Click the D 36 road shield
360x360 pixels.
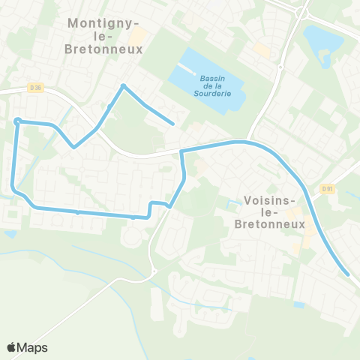pyautogui.click(x=34, y=87)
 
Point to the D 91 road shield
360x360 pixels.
pyautogui.click(x=327, y=189)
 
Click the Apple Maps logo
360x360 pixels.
pyautogui.click(x=27, y=347)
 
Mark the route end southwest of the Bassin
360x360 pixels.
pyautogui.click(x=173, y=124)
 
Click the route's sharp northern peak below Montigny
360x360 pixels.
pyautogui.click(x=123, y=86)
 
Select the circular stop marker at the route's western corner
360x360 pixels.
pyautogui.click(x=17, y=121)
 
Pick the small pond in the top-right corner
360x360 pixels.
pyautogui.click(x=322, y=37)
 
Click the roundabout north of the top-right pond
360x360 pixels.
pyautogui.click(x=303, y=12)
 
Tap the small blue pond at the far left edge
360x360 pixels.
pyautogui.click(x=9, y=234)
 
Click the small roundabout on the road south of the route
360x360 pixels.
pyautogui.click(x=153, y=271)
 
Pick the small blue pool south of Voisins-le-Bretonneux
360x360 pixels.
pyautogui.click(x=299, y=304)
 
